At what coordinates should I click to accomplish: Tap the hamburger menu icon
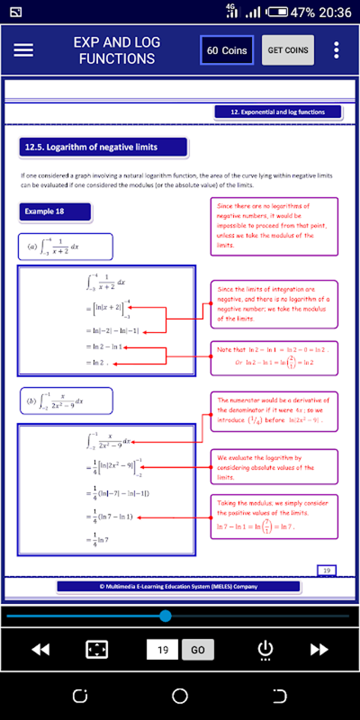pos(23,50)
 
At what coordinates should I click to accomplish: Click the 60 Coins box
pos(227,50)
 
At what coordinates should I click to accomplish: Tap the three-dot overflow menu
pos(336,50)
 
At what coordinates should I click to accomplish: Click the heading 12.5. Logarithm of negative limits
pos(103,147)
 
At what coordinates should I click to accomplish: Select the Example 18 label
pos(55,211)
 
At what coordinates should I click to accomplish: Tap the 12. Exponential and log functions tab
pos(278,112)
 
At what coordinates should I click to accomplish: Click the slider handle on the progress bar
pos(165,616)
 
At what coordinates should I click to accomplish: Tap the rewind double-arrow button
pos(41,649)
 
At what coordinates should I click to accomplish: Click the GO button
pos(198,649)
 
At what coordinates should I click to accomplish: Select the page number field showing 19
pos(162,649)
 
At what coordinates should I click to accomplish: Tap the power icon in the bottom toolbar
pos(265,649)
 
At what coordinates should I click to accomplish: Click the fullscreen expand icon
pos(97,649)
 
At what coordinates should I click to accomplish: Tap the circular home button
pos(180,696)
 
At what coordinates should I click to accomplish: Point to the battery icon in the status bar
pos(277,12)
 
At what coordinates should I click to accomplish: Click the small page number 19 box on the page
pos(326,570)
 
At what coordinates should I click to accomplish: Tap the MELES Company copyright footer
pos(178,586)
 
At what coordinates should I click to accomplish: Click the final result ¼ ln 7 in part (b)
pos(98,540)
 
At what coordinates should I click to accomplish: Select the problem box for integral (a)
pos(65,246)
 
